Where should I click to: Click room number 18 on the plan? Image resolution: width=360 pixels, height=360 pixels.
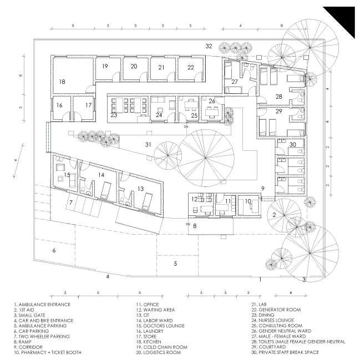(62, 82)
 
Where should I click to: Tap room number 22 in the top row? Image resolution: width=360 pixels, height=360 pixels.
(190, 67)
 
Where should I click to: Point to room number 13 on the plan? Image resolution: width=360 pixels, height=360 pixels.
(141, 189)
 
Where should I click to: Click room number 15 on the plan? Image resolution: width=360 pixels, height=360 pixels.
(67, 175)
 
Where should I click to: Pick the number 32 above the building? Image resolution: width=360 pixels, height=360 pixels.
(209, 45)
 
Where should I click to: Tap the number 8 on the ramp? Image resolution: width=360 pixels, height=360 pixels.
(195, 226)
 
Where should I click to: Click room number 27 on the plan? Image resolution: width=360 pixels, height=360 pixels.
(235, 82)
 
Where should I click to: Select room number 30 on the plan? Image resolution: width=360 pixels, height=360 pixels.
(293, 145)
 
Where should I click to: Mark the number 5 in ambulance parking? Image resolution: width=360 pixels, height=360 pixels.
(175, 263)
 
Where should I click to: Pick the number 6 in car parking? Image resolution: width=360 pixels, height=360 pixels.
(54, 251)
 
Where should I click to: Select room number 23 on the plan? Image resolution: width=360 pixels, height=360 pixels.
(113, 116)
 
